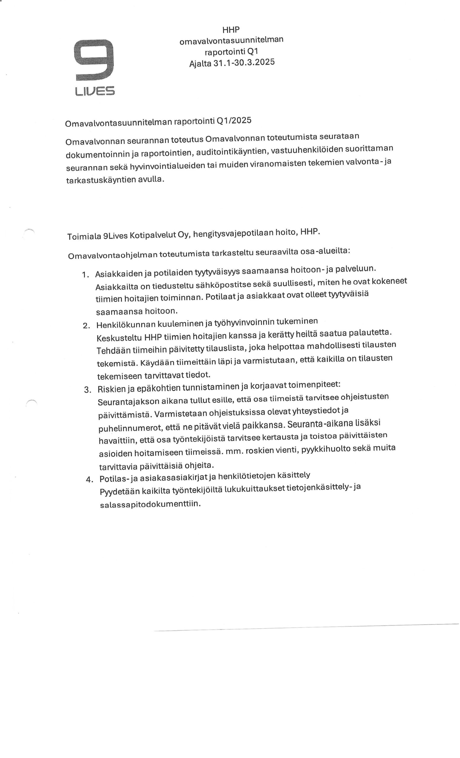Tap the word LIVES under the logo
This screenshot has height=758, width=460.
coord(95,91)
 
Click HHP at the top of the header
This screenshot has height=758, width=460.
coord(231,30)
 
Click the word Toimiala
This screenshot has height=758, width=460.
coord(84,236)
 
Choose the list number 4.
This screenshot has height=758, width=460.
coord(89,479)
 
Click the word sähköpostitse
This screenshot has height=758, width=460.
coord(223,285)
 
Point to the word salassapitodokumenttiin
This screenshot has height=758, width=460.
coord(150,504)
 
